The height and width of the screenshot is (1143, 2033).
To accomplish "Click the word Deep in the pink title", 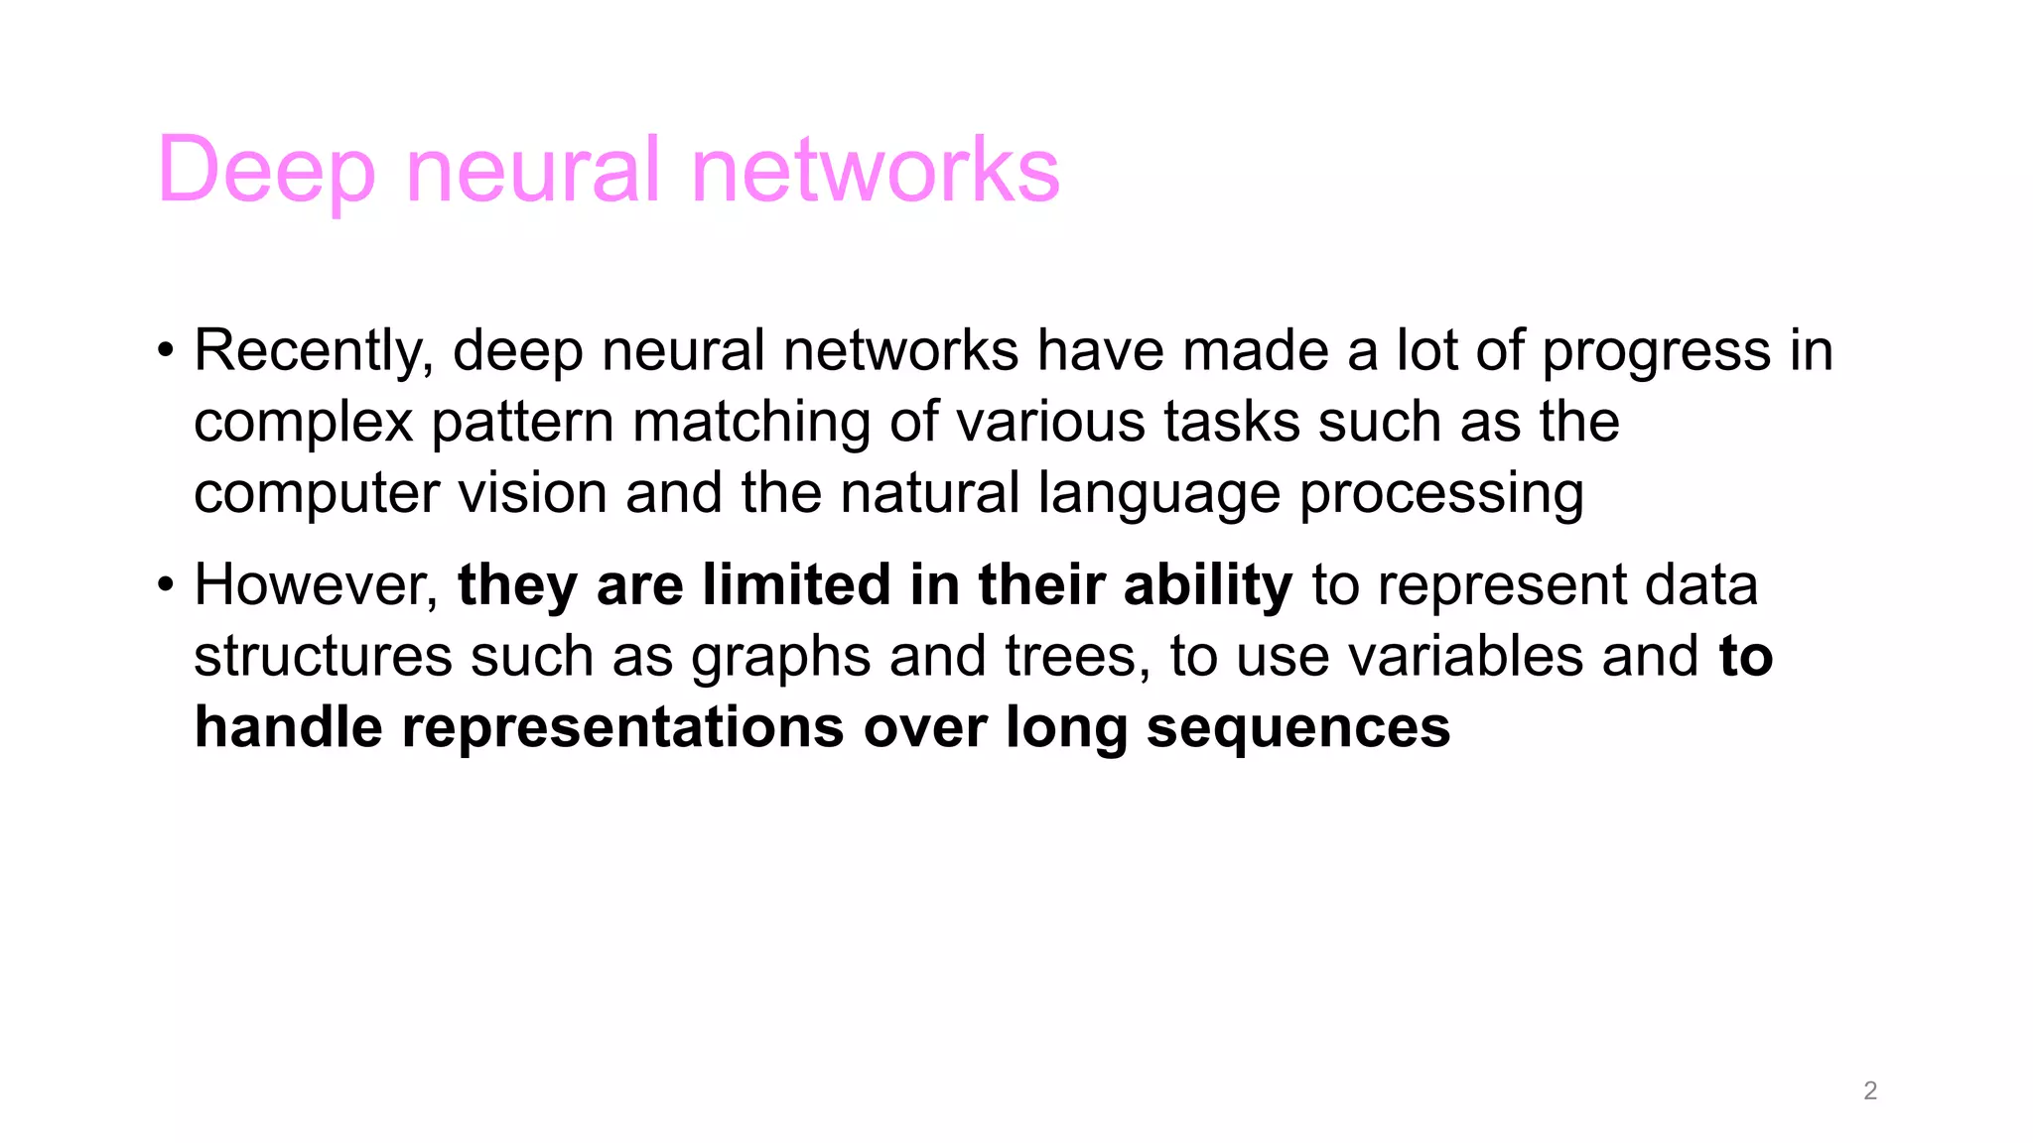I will coord(266,171).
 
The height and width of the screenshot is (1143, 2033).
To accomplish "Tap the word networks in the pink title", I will coord(875,171).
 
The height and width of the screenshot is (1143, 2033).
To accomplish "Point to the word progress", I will coord(1656,353).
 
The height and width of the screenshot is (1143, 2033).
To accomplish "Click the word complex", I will coord(303,424).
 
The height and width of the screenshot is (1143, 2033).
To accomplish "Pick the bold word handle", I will coord(288,727).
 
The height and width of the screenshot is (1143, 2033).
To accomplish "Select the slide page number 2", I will coord(1870,1090).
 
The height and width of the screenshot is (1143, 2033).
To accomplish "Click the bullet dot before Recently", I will coord(166,351).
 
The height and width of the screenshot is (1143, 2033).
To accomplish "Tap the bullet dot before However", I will coord(166,585).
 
